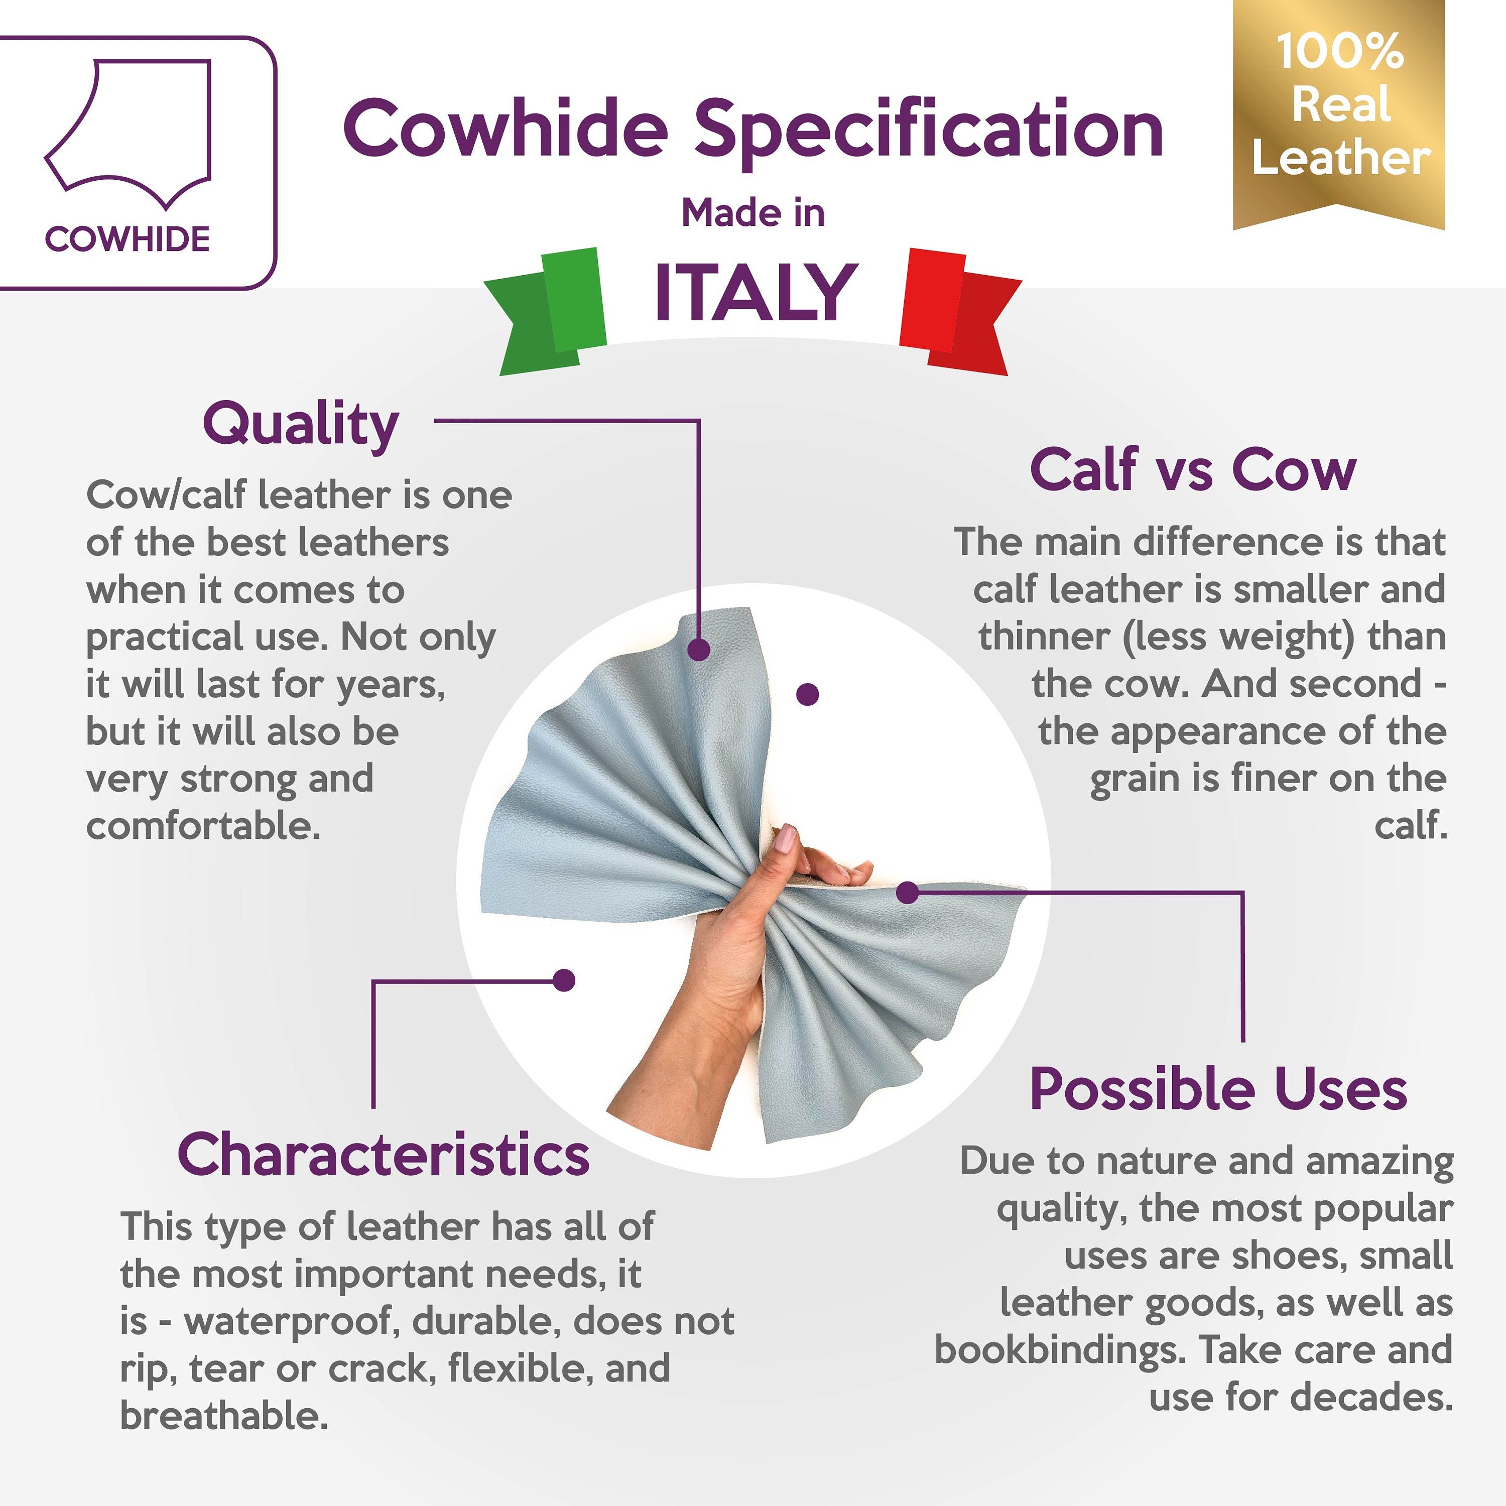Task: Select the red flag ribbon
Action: click(960, 312)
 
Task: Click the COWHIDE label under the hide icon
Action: click(128, 239)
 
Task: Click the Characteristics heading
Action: click(384, 1155)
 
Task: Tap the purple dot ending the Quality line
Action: click(699, 649)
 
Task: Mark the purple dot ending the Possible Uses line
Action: click(907, 893)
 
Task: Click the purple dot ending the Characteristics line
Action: click(564, 980)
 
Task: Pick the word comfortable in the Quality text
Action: click(203, 826)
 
